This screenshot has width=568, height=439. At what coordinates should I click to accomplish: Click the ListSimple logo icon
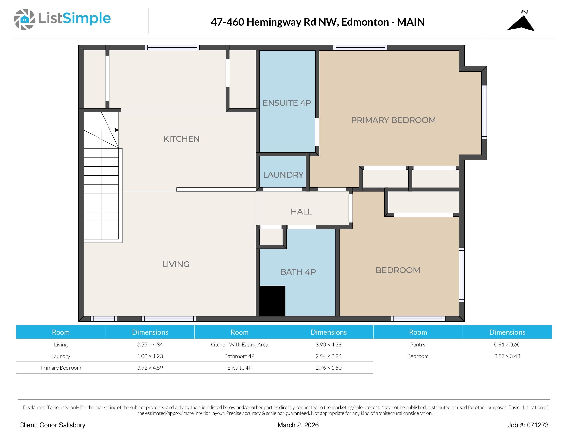[x=24, y=19]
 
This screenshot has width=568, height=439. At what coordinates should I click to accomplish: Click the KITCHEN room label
[x=181, y=139]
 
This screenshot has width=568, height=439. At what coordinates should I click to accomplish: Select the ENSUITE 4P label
[x=287, y=103]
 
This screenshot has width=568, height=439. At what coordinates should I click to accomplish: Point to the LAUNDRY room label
[x=283, y=175]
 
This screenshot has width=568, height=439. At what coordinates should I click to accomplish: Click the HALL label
[x=301, y=212]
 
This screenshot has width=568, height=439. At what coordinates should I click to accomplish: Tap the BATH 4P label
[x=298, y=272]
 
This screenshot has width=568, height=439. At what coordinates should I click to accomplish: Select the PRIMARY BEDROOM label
[x=393, y=120]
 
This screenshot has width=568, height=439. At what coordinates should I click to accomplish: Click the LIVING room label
[x=176, y=264]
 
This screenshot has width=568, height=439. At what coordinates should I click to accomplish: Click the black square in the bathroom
[x=272, y=301]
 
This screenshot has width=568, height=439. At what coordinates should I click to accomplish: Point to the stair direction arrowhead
[x=117, y=130]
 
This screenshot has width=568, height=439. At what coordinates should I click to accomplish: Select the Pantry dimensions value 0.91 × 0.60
[x=507, y=345]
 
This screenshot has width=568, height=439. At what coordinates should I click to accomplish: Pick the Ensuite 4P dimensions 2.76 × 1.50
[x=328, y=368]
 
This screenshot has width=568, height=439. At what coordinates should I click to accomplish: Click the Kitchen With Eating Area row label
[x=239, y=345]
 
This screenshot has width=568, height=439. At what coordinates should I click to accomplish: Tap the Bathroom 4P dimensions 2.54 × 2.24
[x=328, y=356]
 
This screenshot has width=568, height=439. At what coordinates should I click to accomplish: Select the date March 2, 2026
[x=298, y=425]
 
